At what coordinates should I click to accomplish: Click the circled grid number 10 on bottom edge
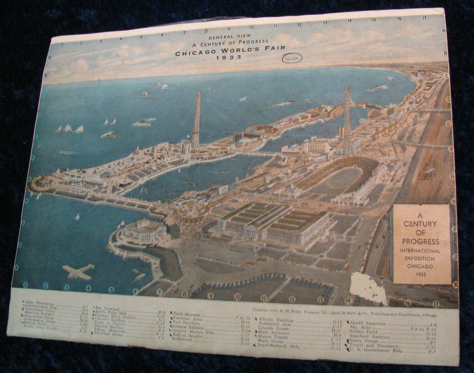tap(237, 296)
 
